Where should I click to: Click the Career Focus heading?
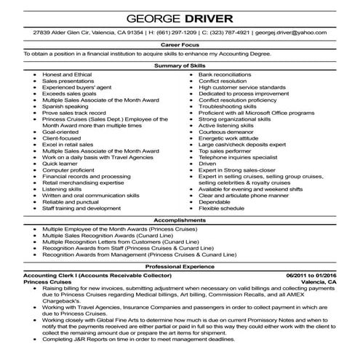(x=180, y=45)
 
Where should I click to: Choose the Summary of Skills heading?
(x=180, y=65)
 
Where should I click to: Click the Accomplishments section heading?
(x=180, y=219)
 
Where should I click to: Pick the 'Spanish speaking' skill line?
(x=61, y=105)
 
